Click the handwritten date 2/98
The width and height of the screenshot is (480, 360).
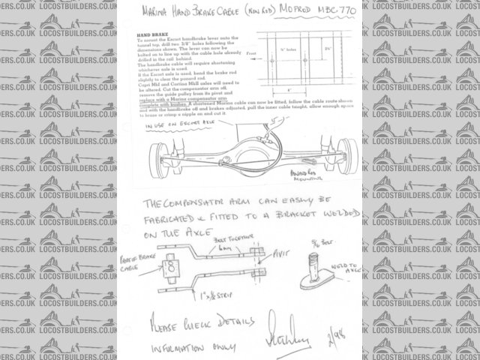[330, 331]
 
